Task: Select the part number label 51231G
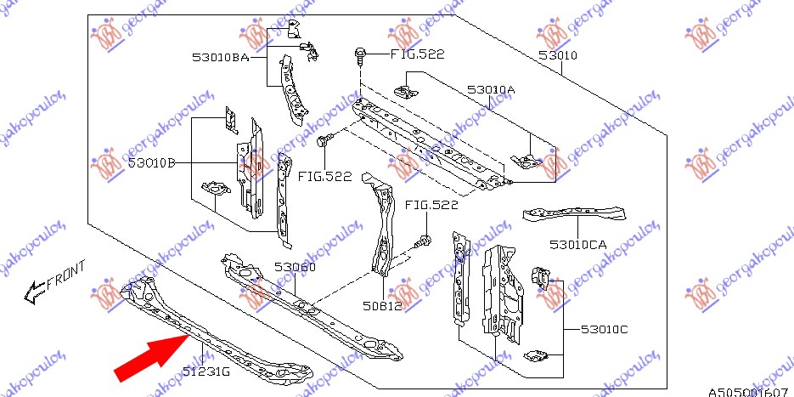206,369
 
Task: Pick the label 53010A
491,89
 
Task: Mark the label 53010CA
577,245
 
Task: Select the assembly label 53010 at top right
557,56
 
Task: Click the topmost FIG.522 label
417,54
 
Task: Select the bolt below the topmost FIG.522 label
360,57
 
